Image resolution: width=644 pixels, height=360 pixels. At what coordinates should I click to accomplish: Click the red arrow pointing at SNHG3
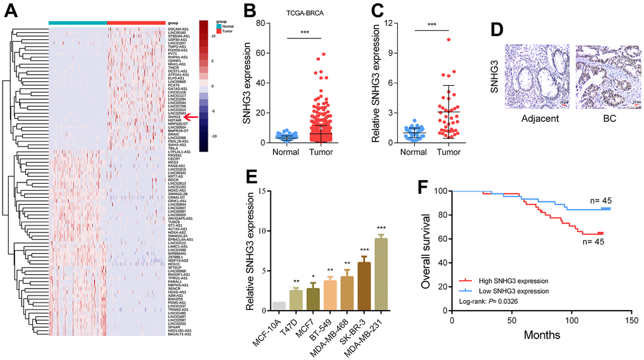coord(192,117)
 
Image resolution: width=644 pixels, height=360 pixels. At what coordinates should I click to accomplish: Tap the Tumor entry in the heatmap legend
coord(226,30)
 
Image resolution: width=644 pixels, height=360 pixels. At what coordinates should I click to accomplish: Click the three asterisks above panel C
coord(432,25)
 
